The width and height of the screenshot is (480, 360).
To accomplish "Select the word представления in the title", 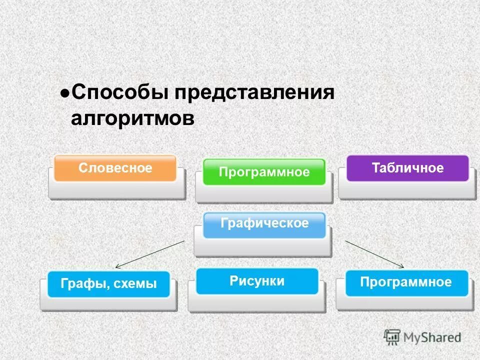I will (x=253, y=93).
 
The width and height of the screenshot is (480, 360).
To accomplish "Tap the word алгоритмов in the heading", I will (x=132, y=119).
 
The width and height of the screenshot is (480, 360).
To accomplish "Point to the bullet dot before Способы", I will (x=64, y=93).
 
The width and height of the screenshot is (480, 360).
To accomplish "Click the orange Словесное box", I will (x=115, y=168).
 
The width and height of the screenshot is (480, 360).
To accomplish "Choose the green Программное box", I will (x=264, y=172).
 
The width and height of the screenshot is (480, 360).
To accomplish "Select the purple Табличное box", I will (x=407, y=168).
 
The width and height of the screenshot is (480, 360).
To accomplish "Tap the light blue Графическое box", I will (x=264, y=224).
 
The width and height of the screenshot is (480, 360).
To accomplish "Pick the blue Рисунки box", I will (x=257, y=281).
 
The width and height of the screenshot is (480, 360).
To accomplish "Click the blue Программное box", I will (x=406, y=282).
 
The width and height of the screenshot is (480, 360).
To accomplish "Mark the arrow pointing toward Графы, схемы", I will (x=150, y=253).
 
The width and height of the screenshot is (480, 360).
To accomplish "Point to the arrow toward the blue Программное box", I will (x=374, y=254).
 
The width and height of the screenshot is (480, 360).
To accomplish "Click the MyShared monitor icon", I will (x=392, y=337).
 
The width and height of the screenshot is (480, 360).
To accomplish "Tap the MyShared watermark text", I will (x=433, y=338).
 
